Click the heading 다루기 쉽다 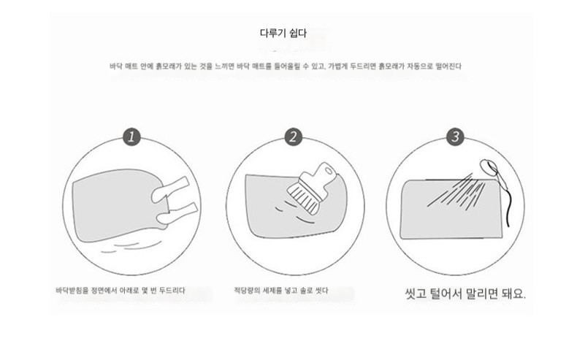coord(283,33)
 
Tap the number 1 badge coord(131,137)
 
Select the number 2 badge coord(294,137)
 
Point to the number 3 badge coord(455,137)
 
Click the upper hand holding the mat coord(170,189)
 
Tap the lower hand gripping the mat coord(177,214)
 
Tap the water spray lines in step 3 coord(456,191)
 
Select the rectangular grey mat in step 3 coord(451,210)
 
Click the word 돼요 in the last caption coord(513,294)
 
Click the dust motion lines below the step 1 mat coord(131,246)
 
